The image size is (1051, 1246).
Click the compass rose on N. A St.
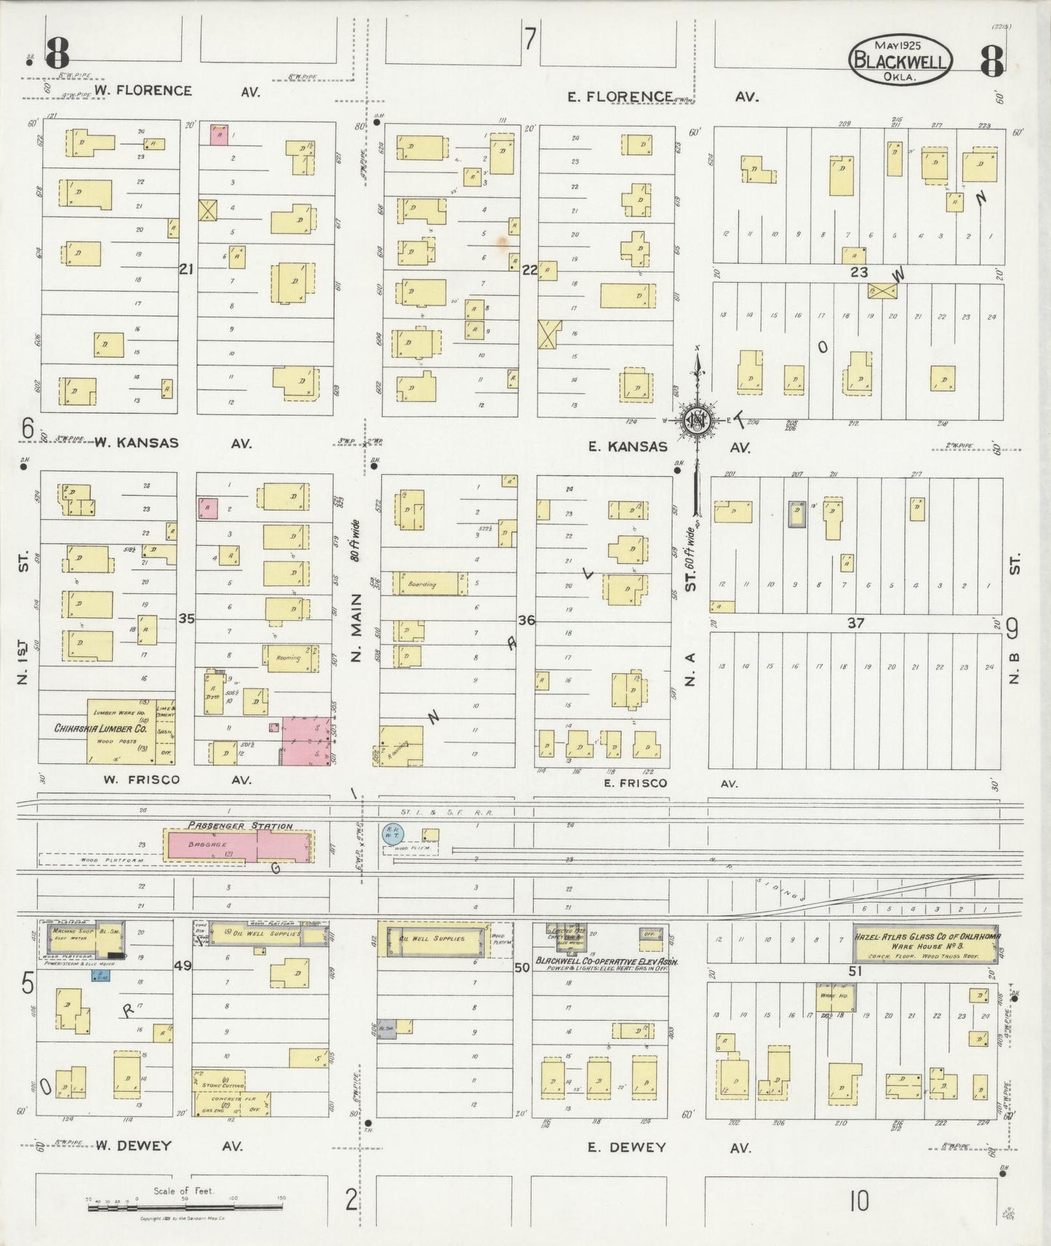click(697, 420)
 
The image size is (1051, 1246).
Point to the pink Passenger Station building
click(239, 845)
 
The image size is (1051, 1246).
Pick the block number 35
click(186, 619)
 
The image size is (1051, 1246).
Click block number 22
click(529, 270)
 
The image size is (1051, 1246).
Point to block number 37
click(855, 623)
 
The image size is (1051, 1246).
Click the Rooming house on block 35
click(290, 658)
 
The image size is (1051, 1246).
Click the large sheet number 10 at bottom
click(859, 1202)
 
